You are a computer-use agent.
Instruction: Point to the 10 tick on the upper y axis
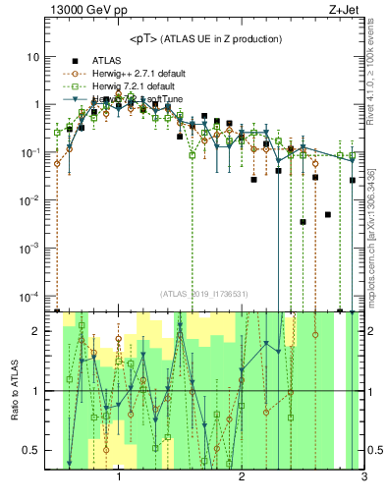32,56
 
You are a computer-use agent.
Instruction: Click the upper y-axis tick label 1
35,104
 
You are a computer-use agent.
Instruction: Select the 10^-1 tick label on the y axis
29,152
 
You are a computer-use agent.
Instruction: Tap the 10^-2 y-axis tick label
29,200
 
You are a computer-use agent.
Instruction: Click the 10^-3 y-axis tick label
29,249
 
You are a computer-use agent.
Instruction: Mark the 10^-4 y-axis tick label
29,297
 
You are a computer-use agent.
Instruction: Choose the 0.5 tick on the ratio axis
31,450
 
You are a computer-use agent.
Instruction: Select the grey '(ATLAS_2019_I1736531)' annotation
205,293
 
